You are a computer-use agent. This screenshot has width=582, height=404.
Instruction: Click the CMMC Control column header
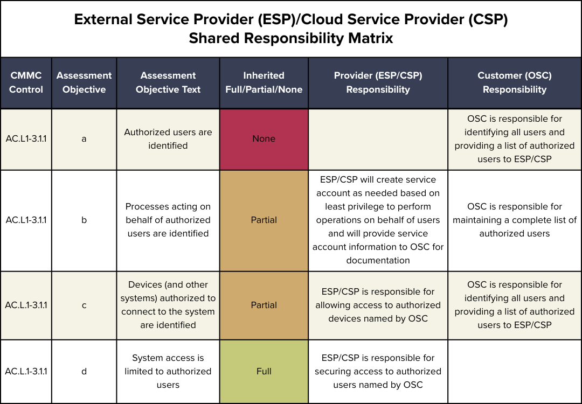26,82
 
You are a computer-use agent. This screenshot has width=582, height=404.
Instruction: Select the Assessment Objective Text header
168,82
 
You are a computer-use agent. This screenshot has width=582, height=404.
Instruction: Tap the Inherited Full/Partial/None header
264,82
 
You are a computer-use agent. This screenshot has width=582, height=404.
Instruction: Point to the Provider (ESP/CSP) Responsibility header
378,82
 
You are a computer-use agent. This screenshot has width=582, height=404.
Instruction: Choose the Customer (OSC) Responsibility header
515,82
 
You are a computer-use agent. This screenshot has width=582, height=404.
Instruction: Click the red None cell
264,139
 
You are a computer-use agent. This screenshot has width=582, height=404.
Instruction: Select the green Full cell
264,371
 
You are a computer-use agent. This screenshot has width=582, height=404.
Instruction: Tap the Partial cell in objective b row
264,220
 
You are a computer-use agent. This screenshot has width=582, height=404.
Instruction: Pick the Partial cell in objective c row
264,305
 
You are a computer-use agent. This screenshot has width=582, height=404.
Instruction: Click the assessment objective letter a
84,139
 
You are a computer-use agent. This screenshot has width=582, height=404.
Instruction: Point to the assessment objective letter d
84,371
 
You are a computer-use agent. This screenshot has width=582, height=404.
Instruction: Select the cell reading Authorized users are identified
168,139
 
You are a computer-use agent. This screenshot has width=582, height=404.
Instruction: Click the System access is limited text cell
168,371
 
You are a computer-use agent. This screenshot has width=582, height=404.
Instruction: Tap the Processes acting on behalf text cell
168,220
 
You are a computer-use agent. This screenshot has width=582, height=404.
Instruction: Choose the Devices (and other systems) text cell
168,305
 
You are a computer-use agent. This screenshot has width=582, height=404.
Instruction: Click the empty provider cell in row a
378,139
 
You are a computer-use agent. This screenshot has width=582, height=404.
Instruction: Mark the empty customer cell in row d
515,371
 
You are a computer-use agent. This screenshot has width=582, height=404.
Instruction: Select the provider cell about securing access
378,371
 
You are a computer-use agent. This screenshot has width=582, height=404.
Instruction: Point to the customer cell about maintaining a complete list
515,220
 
